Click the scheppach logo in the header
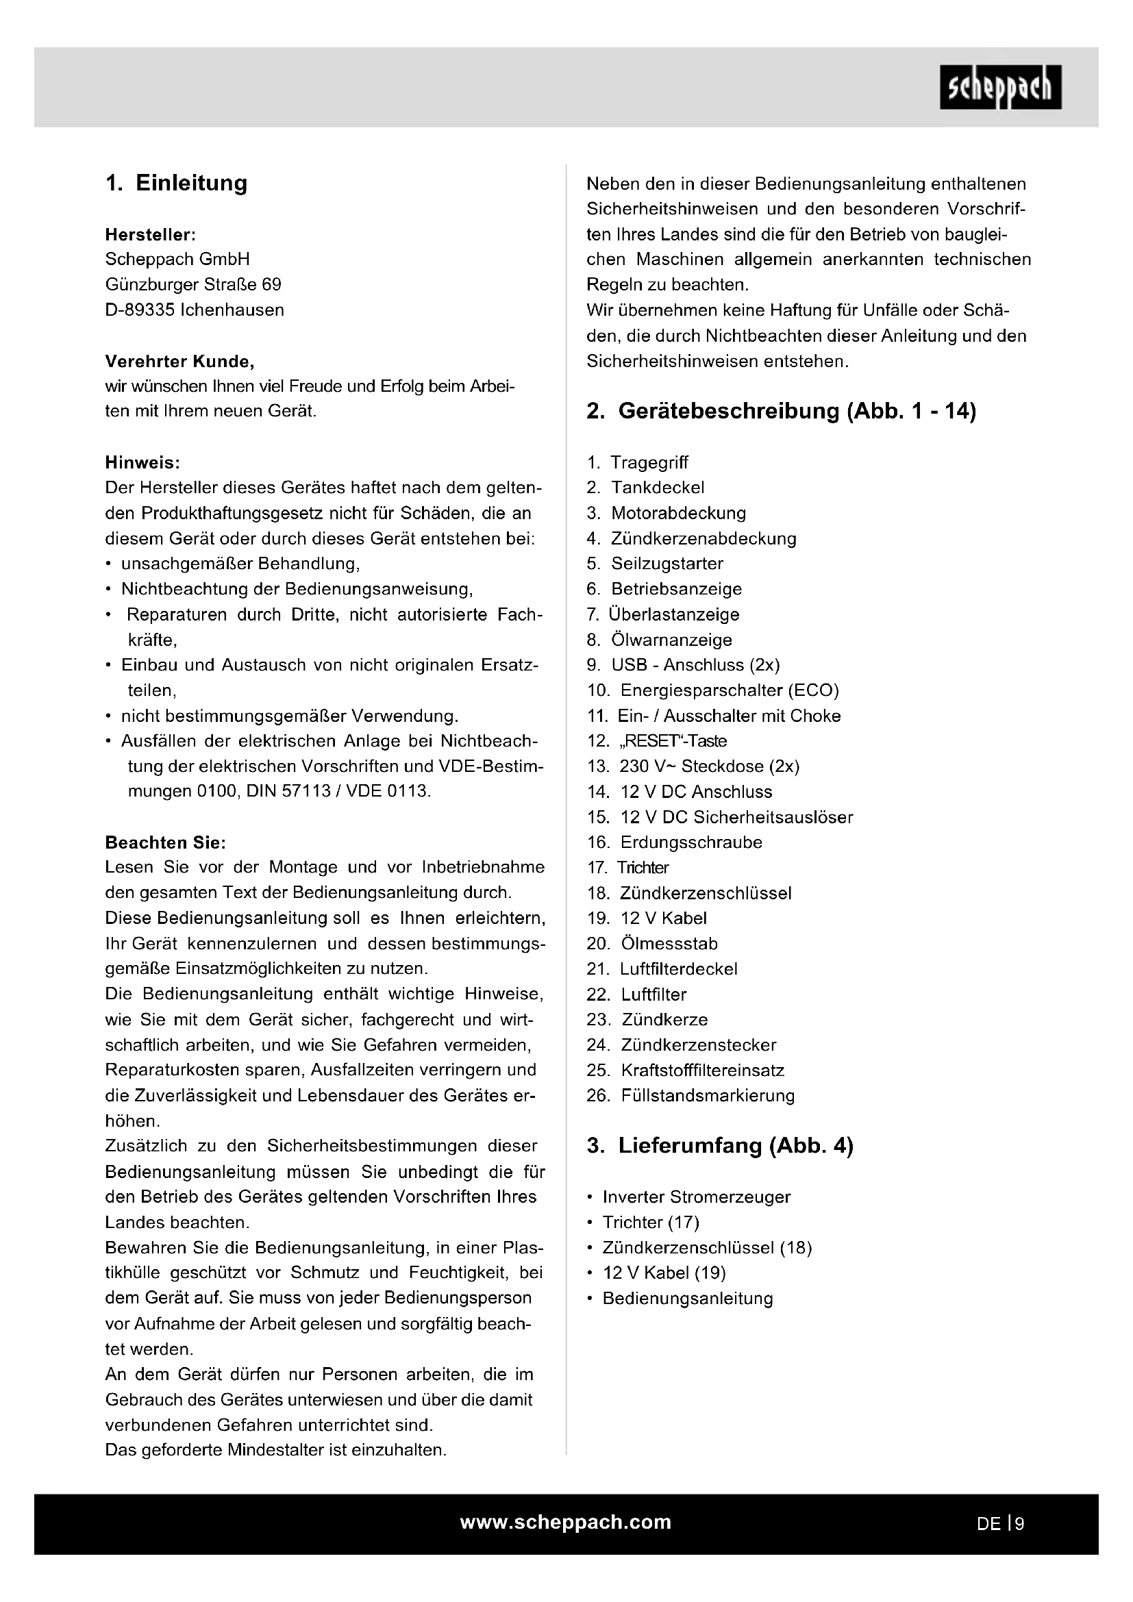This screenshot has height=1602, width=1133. [999, 88]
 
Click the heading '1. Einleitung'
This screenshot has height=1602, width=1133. [177, 184]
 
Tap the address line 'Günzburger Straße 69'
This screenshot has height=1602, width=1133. [193, 285]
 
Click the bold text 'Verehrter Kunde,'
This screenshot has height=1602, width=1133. [179, 362]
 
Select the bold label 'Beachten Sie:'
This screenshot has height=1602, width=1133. [165, 843]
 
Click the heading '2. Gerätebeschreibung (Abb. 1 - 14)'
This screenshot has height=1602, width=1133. [781, 411]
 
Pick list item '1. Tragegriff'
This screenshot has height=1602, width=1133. [638, 462]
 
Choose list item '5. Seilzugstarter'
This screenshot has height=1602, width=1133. [655, 564]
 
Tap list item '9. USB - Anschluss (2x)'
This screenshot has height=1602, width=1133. [683, 665]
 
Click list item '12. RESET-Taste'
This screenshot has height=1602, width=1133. [656, 741]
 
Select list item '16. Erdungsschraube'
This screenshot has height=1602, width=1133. [675, 842]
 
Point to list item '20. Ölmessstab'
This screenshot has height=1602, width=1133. [652, 944]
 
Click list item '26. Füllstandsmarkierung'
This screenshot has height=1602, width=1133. [690, 1095]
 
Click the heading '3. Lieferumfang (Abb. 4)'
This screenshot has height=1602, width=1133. [719, 1146]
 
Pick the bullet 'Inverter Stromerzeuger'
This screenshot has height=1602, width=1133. [696, 1197]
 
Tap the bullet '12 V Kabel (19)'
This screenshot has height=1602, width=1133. [664, 1273]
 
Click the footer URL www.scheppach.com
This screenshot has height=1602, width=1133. [566, 1523]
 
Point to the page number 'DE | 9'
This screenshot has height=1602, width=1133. [1000, 1524]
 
